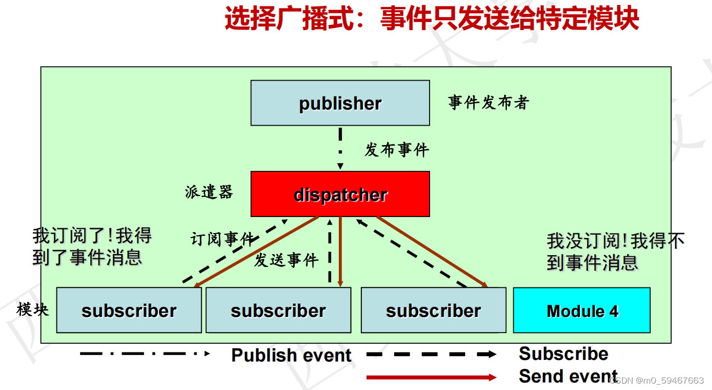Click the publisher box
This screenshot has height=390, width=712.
point(340,103)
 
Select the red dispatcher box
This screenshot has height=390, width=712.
point(340,194)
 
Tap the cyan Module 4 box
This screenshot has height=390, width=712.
point(582,310)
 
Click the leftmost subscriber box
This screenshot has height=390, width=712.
point(129,310)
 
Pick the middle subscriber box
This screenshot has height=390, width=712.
point(278,310)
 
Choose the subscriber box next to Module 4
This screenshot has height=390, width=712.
point(433,310)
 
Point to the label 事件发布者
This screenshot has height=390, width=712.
point(489,103)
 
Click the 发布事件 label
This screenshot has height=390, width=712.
point(397,150)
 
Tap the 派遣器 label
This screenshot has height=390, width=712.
point(209,192)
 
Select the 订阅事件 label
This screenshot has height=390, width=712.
point(222,239)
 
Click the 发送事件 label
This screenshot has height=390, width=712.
point(286,261)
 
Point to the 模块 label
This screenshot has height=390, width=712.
point(33,309)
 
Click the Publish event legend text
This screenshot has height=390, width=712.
point(291,355)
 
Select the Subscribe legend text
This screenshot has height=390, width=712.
point(563,353)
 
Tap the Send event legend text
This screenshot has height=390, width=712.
point(568,376)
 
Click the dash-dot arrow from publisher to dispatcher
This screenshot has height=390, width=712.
point(340,148)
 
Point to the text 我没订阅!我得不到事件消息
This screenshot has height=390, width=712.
point(615,251)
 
